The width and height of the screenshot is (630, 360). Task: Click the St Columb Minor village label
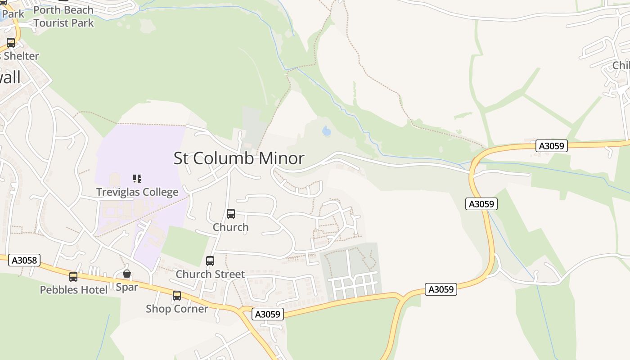pos(239,158)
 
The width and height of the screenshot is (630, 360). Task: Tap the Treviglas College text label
pos(137,193)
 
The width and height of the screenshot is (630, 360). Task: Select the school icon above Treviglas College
pos(137,179)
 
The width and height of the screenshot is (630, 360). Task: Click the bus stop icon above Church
pos(231,214)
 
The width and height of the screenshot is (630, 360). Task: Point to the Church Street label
pos(210,274)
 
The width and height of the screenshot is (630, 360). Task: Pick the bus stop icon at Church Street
pos(210,261)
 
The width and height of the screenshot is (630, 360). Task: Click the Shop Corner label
pos(177,309)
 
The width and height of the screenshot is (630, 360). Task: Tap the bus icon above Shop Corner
pos(177,296)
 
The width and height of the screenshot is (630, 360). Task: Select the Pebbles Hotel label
pos(74,290)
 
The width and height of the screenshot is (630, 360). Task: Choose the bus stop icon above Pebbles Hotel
pos(73,277)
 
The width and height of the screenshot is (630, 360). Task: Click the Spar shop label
pos(127,287)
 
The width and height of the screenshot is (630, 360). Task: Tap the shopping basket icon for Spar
pos(127,274)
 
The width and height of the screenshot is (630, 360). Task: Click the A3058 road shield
pos(24,260)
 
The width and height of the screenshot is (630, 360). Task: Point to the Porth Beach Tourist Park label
pos(63,16)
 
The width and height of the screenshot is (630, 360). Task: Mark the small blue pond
pos(327,131)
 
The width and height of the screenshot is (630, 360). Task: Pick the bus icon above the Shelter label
pos(11,43)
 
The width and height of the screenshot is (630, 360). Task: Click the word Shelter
pos(21,56)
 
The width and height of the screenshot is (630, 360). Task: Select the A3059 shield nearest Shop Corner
pos(268,314)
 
